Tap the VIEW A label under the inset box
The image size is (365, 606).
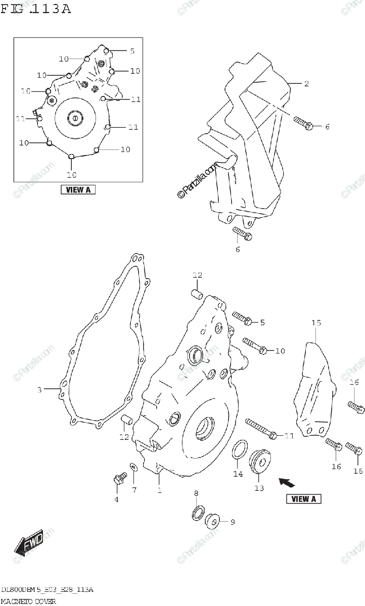(78, 190)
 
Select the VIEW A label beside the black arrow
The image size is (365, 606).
(304, 499)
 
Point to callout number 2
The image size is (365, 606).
(306, 84)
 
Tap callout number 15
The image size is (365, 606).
(316, 322)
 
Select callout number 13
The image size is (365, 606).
(259, 488)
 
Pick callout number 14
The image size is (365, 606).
(238, 474)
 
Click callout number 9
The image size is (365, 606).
(233, 522)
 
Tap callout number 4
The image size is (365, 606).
(116, 499)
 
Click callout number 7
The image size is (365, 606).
(134, 490)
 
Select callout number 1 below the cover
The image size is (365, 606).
(159, 490)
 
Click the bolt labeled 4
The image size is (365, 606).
(120, 478)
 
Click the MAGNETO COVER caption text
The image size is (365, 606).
(28, 601)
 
